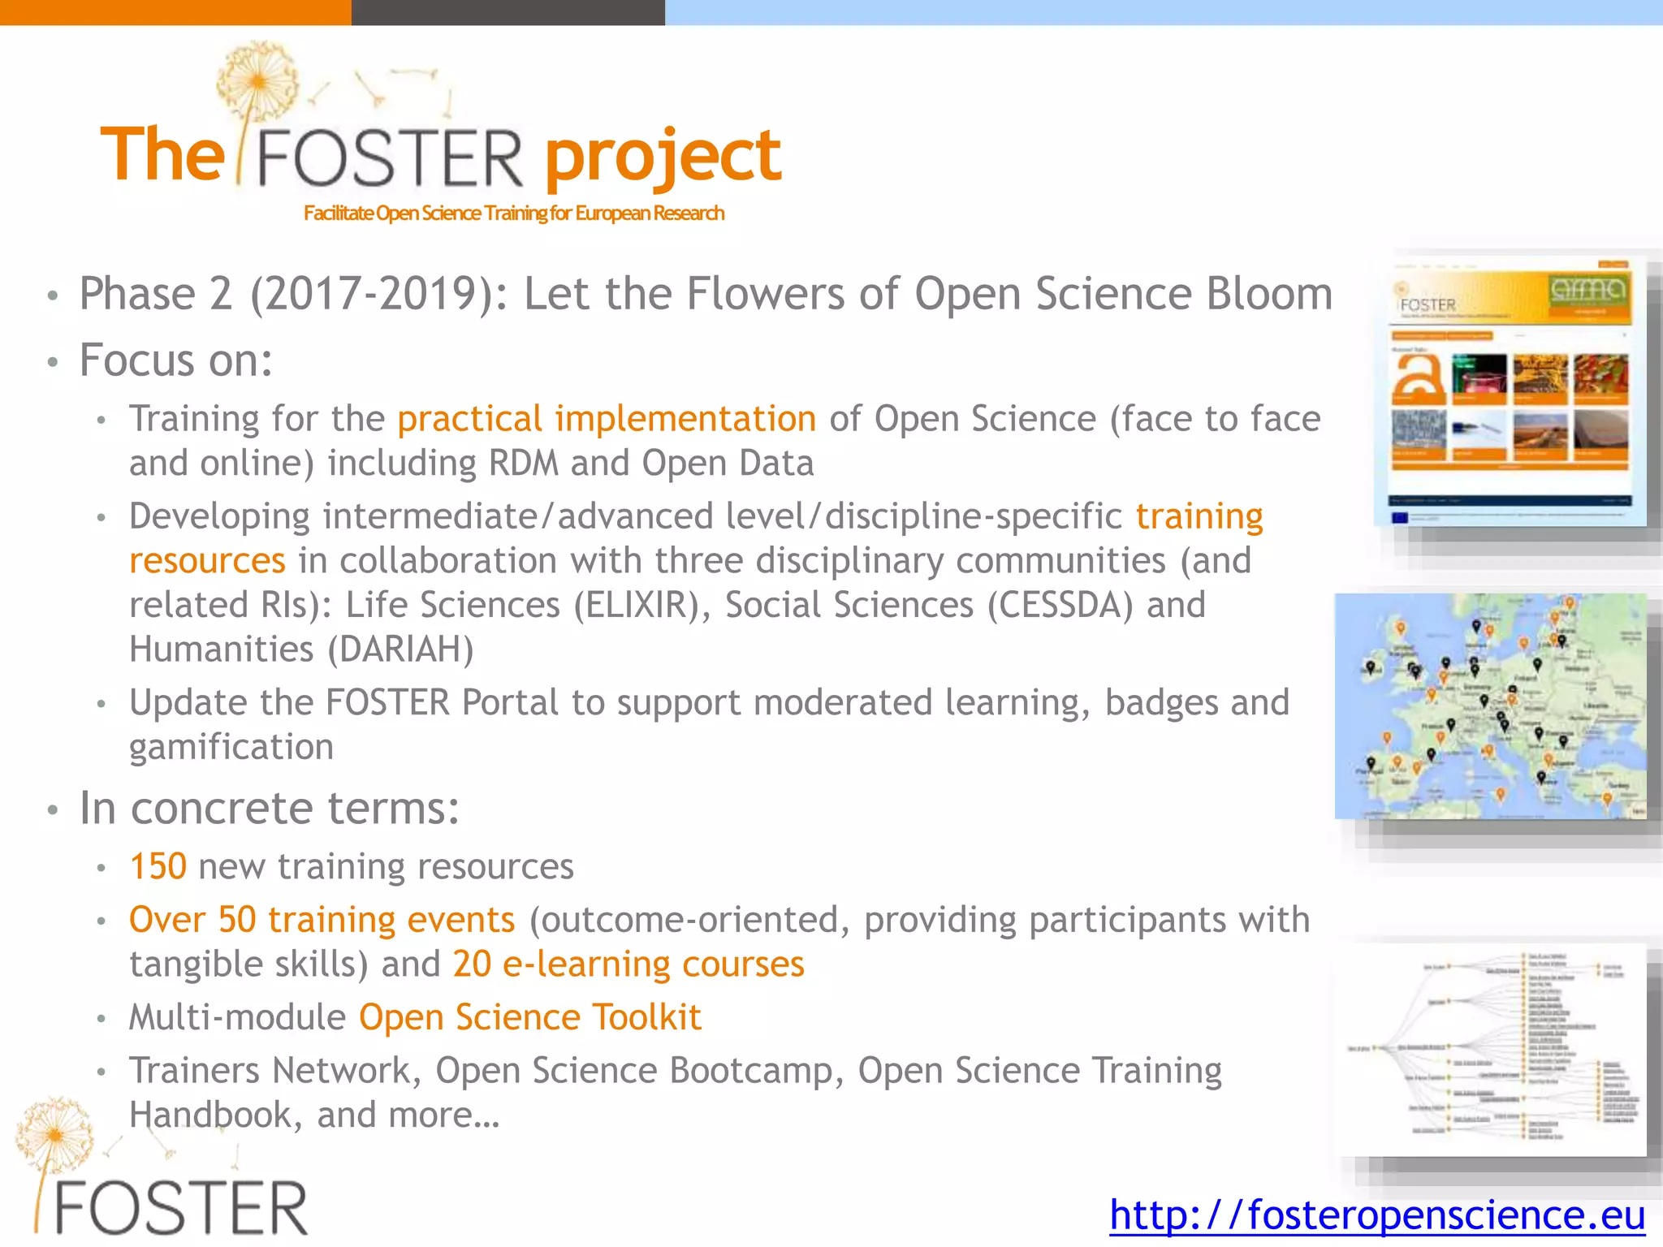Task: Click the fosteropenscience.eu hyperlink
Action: click(1376, 1215)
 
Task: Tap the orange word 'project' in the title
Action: click(662, 156)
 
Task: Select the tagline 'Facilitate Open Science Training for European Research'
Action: click(513, 214)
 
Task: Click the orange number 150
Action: click(158, 866)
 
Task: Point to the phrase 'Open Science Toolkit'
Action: click(529, 1017)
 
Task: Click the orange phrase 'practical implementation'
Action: click(607, 419)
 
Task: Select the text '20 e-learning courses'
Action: click(628, 964)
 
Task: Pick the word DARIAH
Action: click(400, 649)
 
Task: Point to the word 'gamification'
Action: click(231, 747)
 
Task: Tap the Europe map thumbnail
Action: click(1490, 705)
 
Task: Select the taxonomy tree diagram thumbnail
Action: click(1492, 1049)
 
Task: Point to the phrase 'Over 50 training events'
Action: click(322, 920)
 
